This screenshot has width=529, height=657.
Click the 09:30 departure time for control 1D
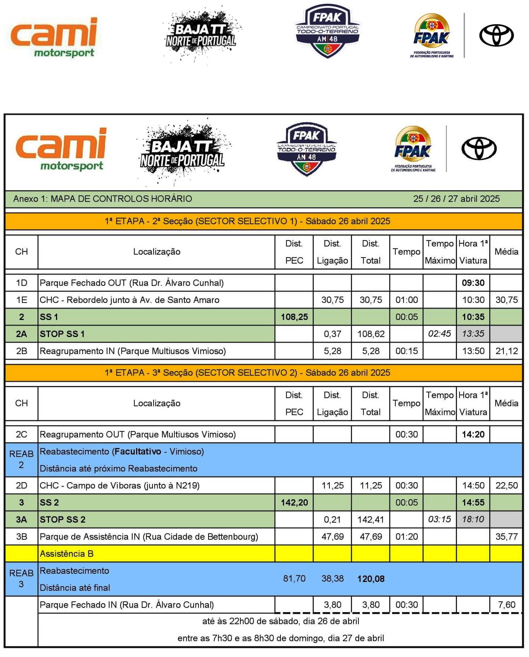[473, 283]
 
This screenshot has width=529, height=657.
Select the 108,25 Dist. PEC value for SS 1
[294, 317]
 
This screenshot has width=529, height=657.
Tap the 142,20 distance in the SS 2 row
[294, 503]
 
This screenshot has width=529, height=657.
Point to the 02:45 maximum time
[439, 334]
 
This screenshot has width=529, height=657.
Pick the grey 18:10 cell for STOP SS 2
[473, 519]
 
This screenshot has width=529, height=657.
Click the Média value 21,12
[506, 351]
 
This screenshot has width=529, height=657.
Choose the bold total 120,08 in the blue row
[371, 579]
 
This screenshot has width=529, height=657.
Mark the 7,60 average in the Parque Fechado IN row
[506, 605]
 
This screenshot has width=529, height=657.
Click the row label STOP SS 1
[62, 334]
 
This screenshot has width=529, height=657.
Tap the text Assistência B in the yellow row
[67, 553]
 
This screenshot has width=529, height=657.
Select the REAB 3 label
[21, 579]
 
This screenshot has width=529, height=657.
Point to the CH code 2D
[22, 486]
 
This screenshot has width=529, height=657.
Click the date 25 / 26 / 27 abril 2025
[456, 199]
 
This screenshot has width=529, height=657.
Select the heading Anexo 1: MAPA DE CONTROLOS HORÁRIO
[103, 199]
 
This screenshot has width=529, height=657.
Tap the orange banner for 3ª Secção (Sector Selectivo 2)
[247, 373]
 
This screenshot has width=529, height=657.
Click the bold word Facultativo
[138, 452]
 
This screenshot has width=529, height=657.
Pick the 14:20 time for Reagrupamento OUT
[473, 434]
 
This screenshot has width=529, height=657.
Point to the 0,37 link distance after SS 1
[332, 334]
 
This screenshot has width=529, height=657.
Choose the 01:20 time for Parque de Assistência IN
[406, 536]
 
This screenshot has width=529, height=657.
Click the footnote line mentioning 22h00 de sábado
[280, 621]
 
